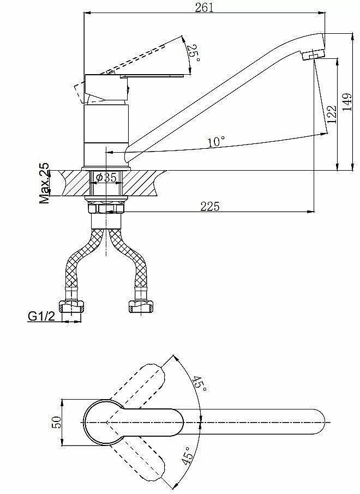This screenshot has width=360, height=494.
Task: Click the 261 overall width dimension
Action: (x=205, y=8)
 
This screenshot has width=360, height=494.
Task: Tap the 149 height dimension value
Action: (x=347, y=102)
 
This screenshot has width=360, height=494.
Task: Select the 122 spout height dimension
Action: (x=332, y=114)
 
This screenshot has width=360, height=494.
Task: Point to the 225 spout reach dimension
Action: (x=210, y=206)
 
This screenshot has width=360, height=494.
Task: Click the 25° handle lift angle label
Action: (x=193, y=53)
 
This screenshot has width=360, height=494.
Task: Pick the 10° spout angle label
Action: (x=217, y=141)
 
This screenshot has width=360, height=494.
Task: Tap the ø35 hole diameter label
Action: (x=106, y=178)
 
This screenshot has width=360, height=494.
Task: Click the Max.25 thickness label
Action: (x=44, y=183)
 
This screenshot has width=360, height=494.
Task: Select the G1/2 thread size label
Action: (x=41, y=316)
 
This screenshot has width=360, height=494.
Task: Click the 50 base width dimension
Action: (x=57, y=422)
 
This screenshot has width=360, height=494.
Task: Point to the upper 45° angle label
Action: (x=200, y=384)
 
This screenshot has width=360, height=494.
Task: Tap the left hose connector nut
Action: (x=71, y=306)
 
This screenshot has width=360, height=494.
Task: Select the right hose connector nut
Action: (x=141, y=306)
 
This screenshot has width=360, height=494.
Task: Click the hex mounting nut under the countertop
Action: (x=106, y=208)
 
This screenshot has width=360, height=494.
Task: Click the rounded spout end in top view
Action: (x=319, y=422)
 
